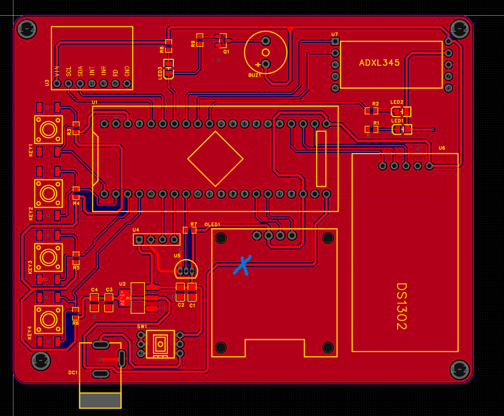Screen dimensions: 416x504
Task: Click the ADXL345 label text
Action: (x=379, y=63)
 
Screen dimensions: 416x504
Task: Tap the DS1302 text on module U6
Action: (x=401, y=306)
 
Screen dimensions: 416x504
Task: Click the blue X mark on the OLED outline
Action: (x=243, y=265)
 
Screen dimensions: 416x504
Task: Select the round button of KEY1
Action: (x=48, y=129)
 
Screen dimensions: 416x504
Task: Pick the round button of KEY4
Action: (x=48, y=319)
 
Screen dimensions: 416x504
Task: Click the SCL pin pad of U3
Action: (x=68, y=84)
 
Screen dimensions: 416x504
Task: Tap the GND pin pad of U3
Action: (x=127, y=84)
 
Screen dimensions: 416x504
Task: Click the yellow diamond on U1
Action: (x=215, y=159)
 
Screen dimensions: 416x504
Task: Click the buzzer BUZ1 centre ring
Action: (x=266, y=52)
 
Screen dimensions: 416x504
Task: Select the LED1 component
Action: (x=402, y=129)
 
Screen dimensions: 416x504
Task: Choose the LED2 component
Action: (x=401, y=111)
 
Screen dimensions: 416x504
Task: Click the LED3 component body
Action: (x=169, y=69)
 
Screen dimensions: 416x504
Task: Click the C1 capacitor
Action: (x=192, y=292)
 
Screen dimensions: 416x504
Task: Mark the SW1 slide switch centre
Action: (x=160, y=344)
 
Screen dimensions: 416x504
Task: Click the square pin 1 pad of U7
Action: (x=335, y=41)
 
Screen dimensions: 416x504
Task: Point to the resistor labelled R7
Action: (x=190, y=230)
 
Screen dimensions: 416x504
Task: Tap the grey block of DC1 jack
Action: (x=100, y=400)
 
